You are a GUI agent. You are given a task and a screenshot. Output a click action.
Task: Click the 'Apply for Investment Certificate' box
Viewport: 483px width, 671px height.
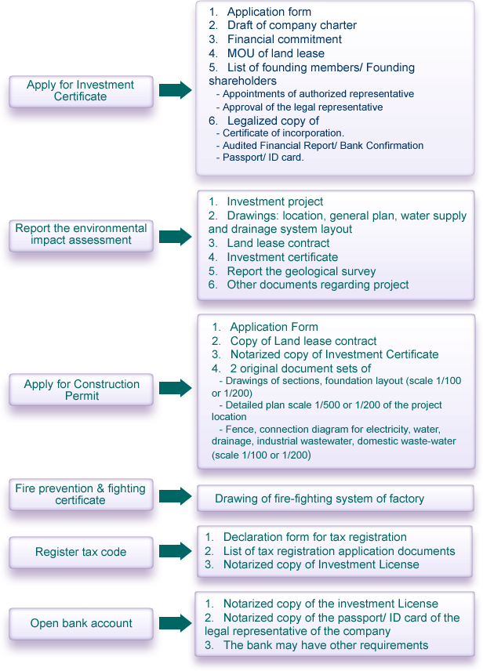81,91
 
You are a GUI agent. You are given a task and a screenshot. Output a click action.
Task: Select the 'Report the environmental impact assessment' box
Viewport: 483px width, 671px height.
81,235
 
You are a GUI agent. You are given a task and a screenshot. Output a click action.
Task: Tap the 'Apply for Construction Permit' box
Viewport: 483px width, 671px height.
81,390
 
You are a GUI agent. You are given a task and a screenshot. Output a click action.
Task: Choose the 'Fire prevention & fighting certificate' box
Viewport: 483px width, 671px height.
81,495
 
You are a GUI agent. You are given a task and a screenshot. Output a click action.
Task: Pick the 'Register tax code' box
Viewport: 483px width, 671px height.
81,552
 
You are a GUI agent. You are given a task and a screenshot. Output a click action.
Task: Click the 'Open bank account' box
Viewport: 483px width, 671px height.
81,623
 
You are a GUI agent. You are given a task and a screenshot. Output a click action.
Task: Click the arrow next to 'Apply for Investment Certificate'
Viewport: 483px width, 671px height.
176,90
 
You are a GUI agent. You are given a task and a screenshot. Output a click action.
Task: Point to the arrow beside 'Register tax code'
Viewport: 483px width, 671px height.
176,551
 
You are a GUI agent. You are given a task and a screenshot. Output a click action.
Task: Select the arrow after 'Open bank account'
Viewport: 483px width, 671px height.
176,623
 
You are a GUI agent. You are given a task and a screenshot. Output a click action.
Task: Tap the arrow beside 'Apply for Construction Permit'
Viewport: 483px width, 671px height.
176,388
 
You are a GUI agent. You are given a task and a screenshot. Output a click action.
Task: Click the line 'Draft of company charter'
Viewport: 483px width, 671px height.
292,25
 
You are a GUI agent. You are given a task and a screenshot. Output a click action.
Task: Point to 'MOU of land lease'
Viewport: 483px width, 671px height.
276,53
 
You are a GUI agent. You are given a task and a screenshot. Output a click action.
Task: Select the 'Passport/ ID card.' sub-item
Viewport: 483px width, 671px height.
263,158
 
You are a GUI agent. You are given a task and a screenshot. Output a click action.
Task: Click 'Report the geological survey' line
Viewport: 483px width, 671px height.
301,271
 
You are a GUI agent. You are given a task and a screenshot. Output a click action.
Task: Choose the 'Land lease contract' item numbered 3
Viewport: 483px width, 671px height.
278,243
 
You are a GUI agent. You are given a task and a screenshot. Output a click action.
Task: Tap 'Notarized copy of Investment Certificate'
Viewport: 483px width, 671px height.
335,354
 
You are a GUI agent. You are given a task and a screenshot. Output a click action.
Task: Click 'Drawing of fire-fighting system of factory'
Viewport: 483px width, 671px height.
319,499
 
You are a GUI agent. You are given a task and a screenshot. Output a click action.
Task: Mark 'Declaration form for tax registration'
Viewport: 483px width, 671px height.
315,537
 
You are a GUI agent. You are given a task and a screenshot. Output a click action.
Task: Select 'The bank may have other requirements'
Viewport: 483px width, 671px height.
326,645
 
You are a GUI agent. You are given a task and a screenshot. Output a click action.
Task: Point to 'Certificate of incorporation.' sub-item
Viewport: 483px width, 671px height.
284,133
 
